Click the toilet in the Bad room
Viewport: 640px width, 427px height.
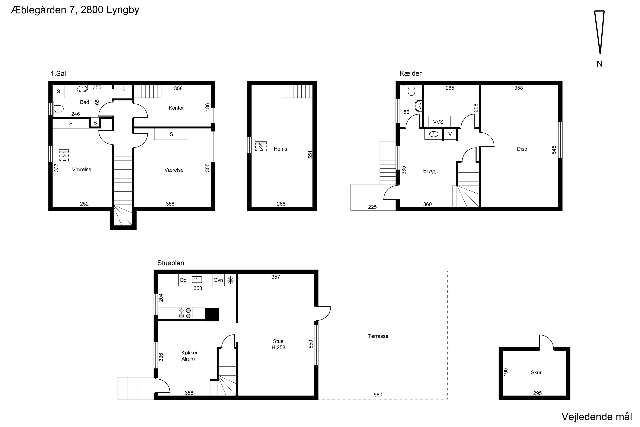pyautogui.click(x=58, y=109)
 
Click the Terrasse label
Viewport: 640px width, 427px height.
pyautogui.click(x=378, y=336)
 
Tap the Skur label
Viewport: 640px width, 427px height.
pyautogui.click(x=536, y=372)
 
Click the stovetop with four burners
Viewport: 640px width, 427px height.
pyautogui.click(x=185, y=313)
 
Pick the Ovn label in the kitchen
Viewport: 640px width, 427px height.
pyautogui.click(x=218, y=280)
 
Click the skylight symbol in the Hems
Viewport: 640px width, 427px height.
pyautogui.click(x=261, y=146)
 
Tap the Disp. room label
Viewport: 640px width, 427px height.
pyautogui.click(x=522, y=149)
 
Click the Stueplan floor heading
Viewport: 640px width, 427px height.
pyautogui.click(x=171, y=263)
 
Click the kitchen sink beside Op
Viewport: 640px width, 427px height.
pyautogui.click(x=197, y=280)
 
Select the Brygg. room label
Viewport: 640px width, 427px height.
pyautogui.click(x=431, y=171)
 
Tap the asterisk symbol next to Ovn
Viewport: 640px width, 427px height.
pyautogui.click(x=230, y=280)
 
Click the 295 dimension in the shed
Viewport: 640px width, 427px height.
pyautogui.click(x=537, y=393)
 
